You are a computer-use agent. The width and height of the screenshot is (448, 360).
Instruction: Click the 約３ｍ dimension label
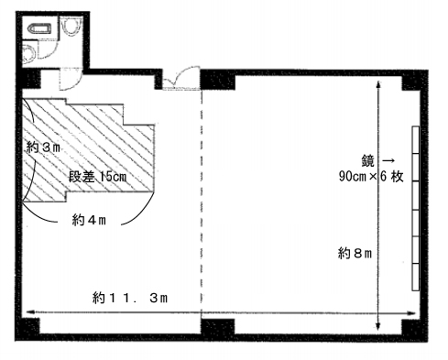[43, 147]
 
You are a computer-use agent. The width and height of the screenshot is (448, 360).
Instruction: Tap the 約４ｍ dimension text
[89, 220]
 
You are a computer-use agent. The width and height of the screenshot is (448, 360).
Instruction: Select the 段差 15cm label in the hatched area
[97, 177]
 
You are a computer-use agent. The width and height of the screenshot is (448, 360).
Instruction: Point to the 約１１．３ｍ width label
[130, 298]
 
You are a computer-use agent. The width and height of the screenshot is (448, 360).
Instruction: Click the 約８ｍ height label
[355, 253]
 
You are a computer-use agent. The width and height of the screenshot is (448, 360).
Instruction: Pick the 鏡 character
[367, 161]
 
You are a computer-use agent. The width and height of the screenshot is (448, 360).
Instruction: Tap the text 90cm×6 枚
[371, 177]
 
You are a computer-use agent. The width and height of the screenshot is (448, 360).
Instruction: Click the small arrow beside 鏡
[388, 160]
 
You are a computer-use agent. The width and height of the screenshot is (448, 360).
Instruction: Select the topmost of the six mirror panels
[416, 140]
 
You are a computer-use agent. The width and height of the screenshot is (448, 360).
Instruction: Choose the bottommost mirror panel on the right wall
[416, 277]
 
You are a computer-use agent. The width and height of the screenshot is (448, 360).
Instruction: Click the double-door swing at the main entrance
[180, 78]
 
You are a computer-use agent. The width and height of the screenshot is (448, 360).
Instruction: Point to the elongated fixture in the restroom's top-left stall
[39, 29]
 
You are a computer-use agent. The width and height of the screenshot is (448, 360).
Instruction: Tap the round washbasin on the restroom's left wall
[28, 54]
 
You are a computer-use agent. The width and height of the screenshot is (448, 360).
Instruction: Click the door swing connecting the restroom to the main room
[71, 79]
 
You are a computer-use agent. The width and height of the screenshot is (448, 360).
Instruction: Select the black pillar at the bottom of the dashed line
[218, 327]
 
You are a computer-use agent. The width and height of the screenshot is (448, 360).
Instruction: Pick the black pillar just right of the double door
[217, 81]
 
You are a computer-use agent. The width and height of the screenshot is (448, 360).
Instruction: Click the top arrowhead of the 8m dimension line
[378, 85]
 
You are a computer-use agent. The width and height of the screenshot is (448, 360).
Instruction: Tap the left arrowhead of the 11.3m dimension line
[30, 311]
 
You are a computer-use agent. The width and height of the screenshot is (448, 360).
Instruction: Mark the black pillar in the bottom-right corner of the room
[412, 328]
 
